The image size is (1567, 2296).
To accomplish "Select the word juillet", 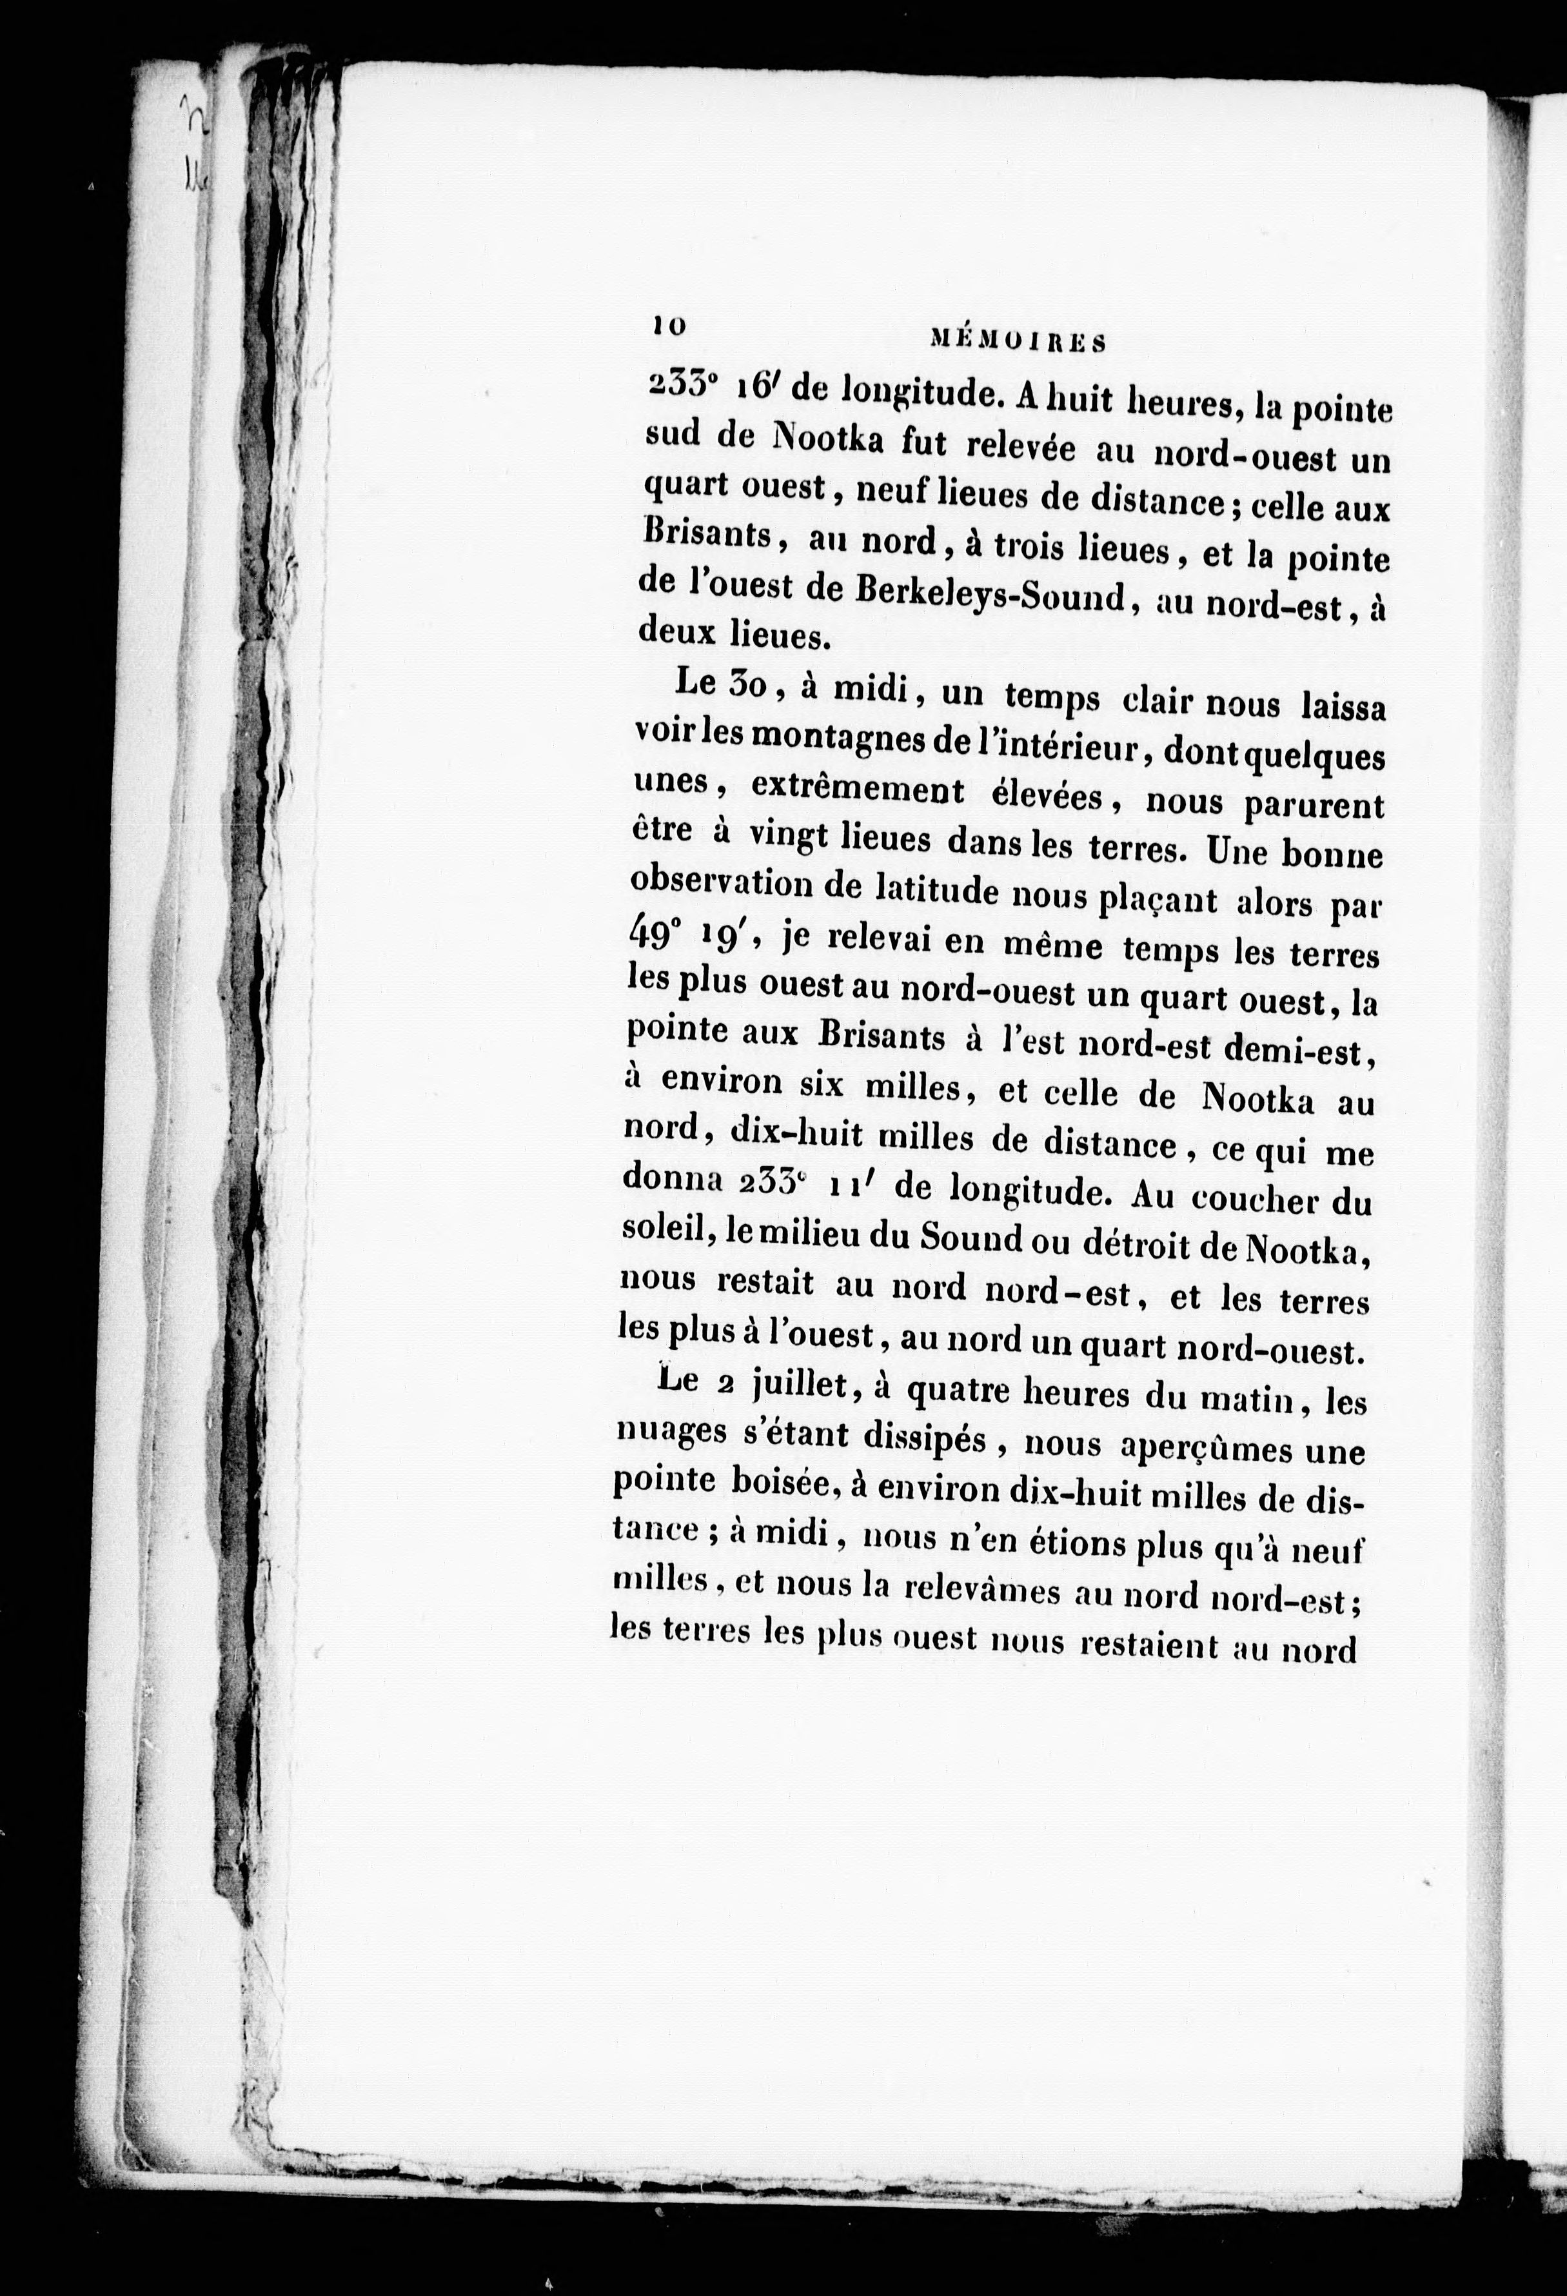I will (800, 1387).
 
